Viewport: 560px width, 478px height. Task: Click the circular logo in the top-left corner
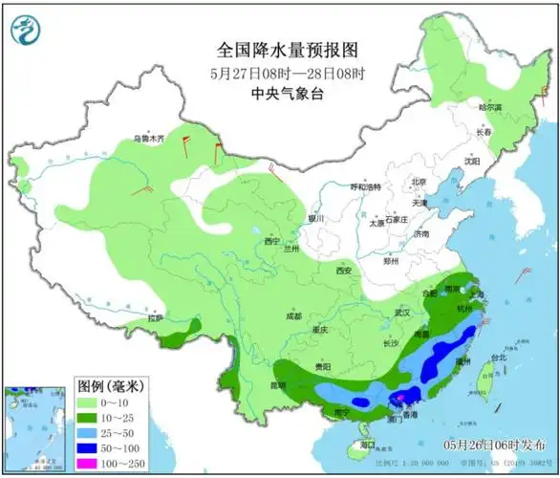pyautogui.click(x=27, y=31)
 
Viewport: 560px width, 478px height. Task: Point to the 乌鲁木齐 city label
pyautogui.click(x=148, y=140)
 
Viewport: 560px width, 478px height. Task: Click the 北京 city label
pyautogui.click(x=418, y=182)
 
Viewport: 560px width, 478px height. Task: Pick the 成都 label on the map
pyautogui.click(x=292, y=316)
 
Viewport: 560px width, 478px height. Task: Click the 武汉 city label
pyautogui.click(x=401, y=312)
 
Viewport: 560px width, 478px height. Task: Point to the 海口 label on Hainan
pyautogui.click(x=365, y=445)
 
